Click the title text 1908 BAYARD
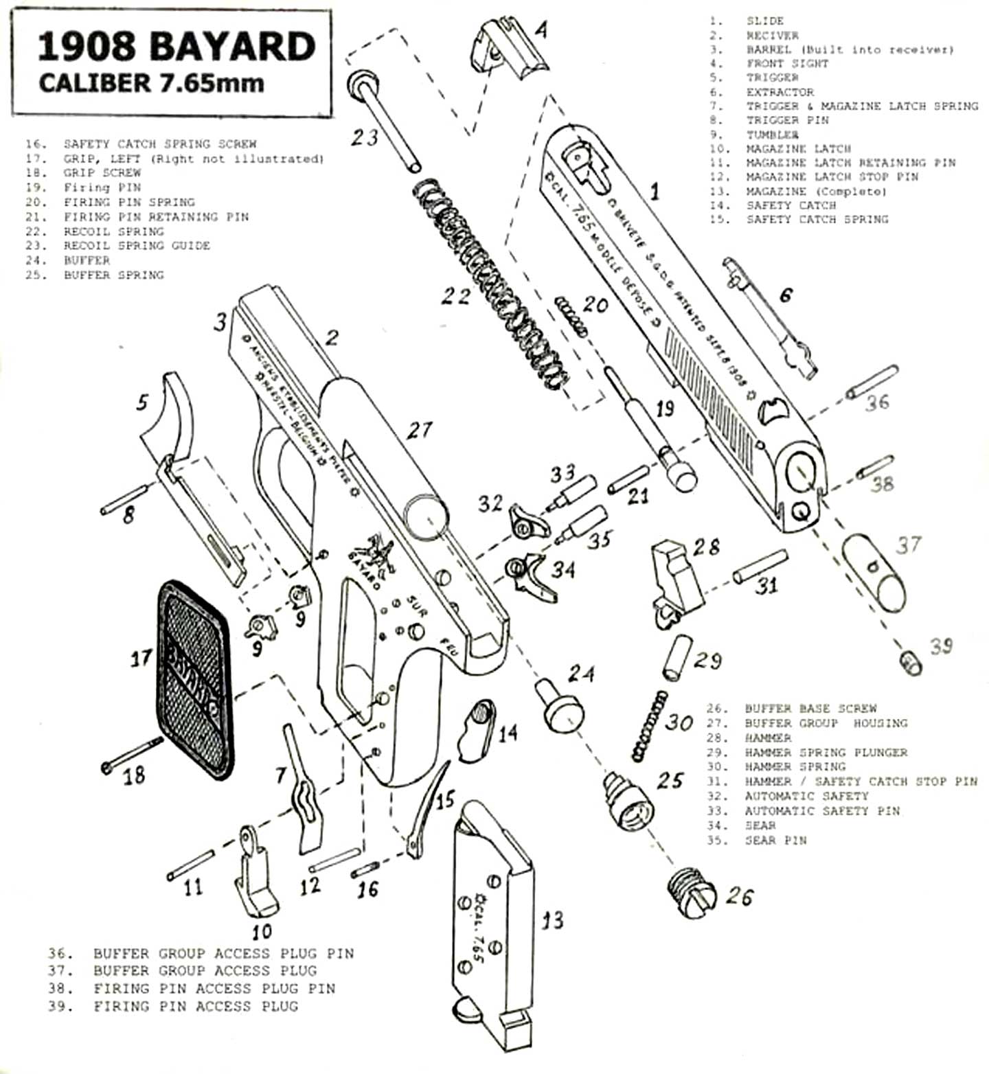pyautogui.click(x=176, y=47)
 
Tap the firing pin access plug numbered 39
pyautogui.click(x=911, y=663)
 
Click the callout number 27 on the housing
pyautogui.click(x=419, y=431)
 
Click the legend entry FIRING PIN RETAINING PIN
pyautogui.click(x=156, y=217)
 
